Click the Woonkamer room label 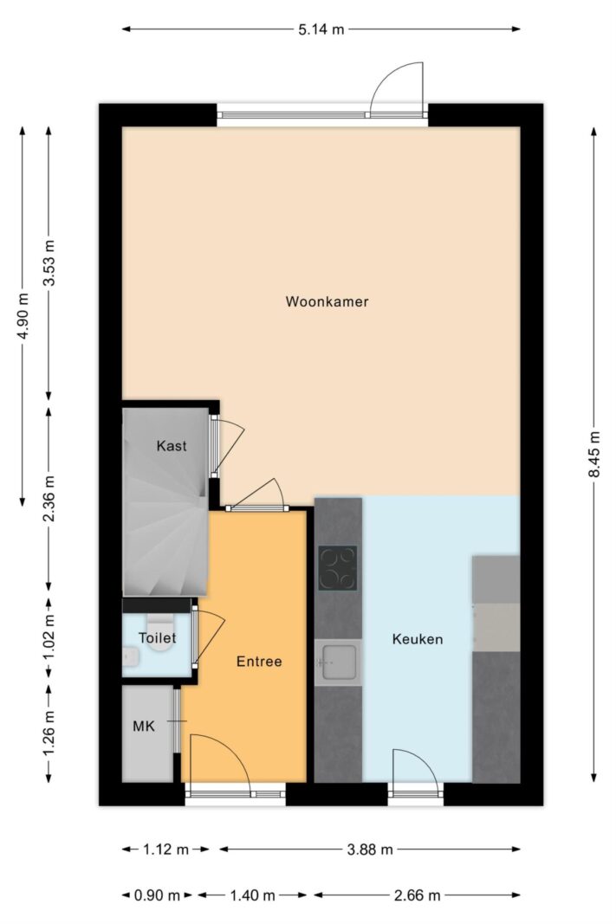[x=327, y=301]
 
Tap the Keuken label [x=418, y=639]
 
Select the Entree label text [x=259, y=662]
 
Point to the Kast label [x=172, y=446]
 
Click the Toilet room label [x=158, y=638]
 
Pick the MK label [x=144, y=726]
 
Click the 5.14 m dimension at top [x=321, y=29]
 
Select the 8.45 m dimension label [x=595, y=455]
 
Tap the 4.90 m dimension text [x=23, y=316]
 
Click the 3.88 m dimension [x=370, y=850]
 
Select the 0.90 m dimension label [x=157, y=895]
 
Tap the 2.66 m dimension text [x=417, y=895]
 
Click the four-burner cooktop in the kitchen [x=338, y=568]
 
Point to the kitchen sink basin [x=338, y=662]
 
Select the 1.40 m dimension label [x=252, y=895]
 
